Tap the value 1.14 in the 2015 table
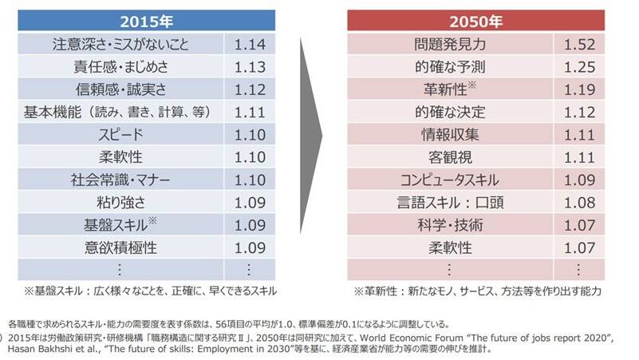[x=250, y=43]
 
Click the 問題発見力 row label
[x=451, y=43]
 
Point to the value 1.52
[x=580, y=43]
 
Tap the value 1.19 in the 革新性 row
[x=580, y=89]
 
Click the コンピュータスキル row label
[x=451, y=180]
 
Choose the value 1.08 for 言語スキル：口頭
[x=580, y=202]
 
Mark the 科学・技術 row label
[x=451, y=225]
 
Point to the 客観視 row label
[x=451, y=157]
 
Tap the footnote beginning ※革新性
[x=477, y=291]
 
